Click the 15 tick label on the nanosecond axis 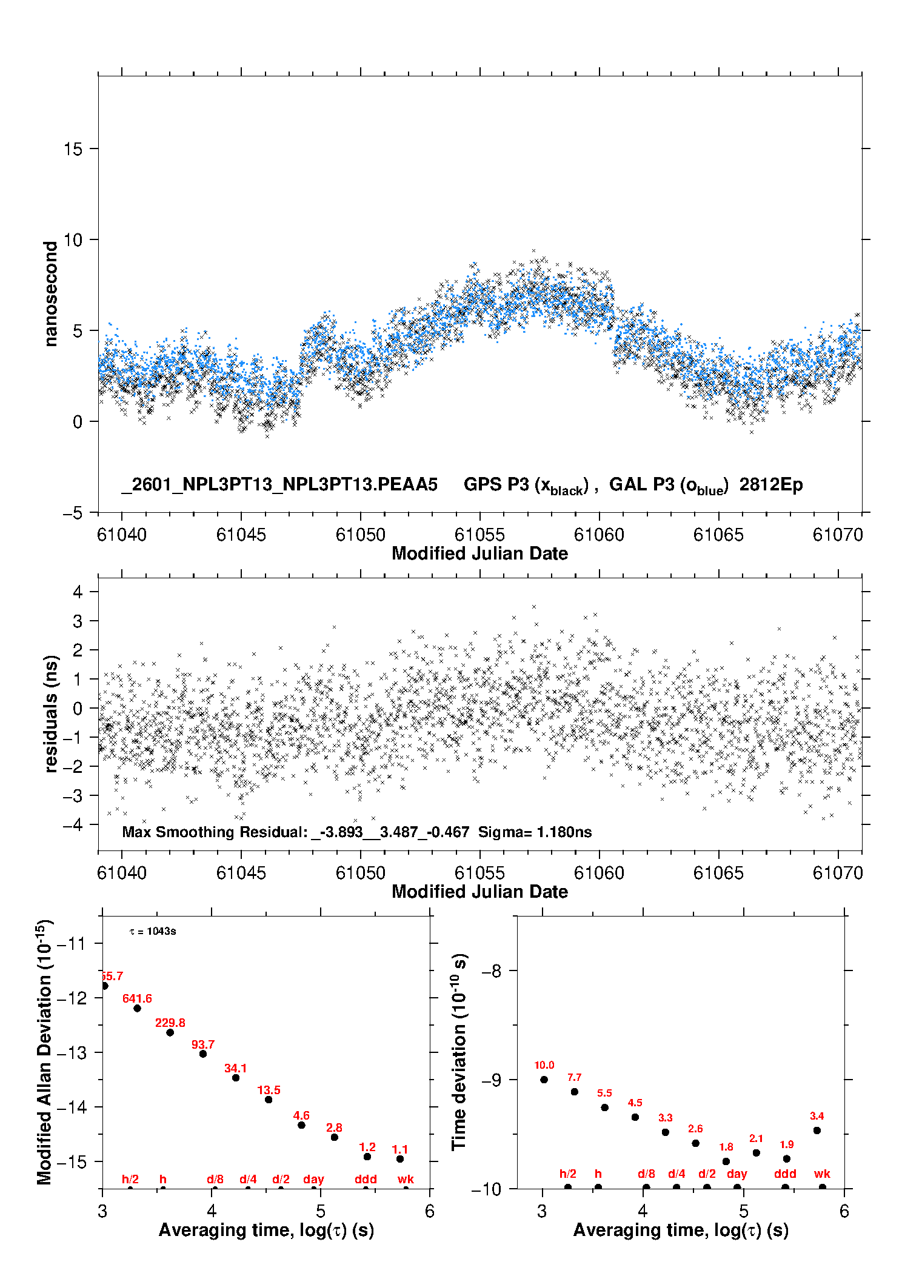point(73,149)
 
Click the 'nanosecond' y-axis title point(51,293)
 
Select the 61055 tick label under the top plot point(479,535)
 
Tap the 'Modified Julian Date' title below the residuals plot point(479,892)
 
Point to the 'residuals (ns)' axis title point(51,713)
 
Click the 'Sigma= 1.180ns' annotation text point(535,832)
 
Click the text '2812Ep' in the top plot point(770,485)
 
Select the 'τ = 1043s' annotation point(153,931)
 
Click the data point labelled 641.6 point(138,1008)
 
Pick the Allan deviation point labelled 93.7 point(203,1054)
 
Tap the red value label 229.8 point(170,1023)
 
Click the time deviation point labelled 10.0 point(544,1080)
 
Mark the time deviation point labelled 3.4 point(817,1131)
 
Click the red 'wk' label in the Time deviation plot point(822,1174)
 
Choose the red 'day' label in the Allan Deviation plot point(313,1179)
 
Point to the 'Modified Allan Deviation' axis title point(45,1052)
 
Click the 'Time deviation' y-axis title point(459,1052)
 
